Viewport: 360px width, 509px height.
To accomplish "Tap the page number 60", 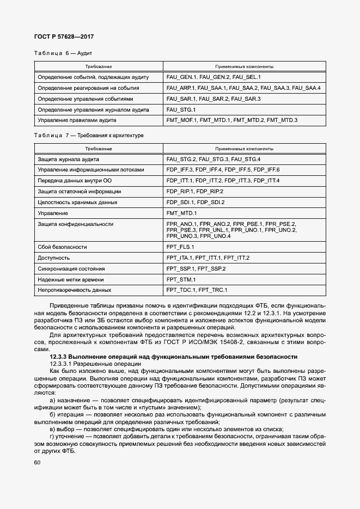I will click(x=36, y=462).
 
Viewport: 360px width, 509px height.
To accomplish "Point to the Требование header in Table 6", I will click(x=99, y=66).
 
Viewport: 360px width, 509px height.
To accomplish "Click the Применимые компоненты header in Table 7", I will click(x=244, y=148).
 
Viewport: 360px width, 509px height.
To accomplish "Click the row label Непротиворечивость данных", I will click(x=74, y=290).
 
